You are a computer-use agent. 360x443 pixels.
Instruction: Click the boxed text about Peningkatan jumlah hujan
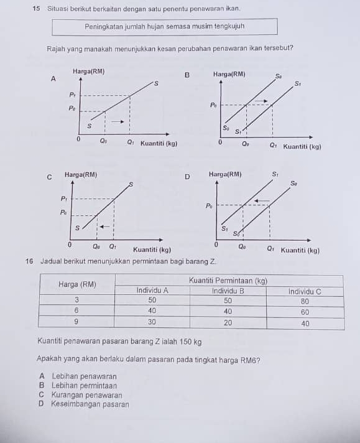click(x=164, y=27)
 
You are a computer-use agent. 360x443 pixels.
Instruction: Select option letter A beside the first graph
click(x=53, y=79)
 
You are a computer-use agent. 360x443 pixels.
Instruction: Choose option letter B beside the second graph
click(x=187, y=75)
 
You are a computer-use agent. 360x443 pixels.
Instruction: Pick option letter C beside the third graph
click(x=49, y=177)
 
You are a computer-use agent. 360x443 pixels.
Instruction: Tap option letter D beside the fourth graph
click(x=187, y=177)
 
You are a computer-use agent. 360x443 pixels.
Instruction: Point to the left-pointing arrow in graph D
click(x=262, y=200)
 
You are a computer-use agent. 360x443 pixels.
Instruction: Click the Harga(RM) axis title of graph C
click(x=81, y=175)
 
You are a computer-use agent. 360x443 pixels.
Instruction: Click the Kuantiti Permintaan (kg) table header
click(x=228, y=281)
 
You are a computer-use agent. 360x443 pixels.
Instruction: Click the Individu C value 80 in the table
click(x=305, y=300)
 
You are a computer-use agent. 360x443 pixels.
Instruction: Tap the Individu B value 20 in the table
click(x=228, y=322)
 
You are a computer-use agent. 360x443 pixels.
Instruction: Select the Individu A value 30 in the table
click(x=151, y=322)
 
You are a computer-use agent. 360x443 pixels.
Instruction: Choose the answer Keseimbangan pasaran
click(x=90, y=404)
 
